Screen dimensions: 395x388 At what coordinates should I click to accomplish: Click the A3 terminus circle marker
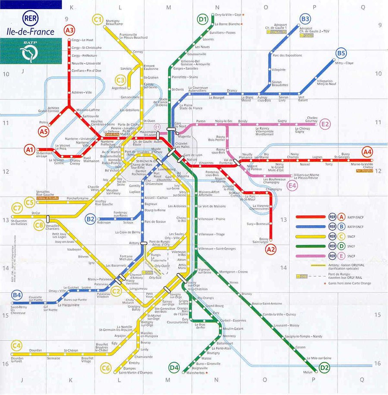pos(69,30)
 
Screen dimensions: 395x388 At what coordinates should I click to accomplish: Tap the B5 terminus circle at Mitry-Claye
pos(341,53)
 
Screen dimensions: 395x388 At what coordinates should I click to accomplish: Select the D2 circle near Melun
pos(325,367)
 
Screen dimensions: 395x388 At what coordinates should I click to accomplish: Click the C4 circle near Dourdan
pos(17,345)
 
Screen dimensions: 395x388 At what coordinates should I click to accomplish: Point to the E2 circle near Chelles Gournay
pos(325,124)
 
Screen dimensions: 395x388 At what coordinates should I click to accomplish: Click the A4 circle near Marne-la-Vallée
pos(367,152)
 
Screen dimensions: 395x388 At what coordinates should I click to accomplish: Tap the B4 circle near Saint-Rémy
pos(17,295)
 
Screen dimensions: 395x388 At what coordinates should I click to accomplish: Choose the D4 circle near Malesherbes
pos(174,367)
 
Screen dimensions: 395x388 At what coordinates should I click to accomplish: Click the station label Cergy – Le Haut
pos(84,40)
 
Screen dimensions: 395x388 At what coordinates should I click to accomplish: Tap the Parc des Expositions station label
pos(288,55)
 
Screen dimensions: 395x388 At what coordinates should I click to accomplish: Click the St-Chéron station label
pos(71,351)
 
